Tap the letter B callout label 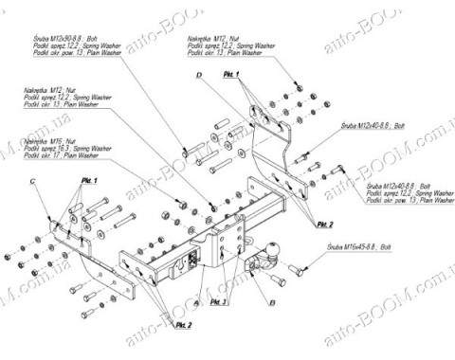(x=271, y=304)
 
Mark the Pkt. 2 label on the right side (x=324, y=224)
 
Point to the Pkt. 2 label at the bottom (x=183, y=325)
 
